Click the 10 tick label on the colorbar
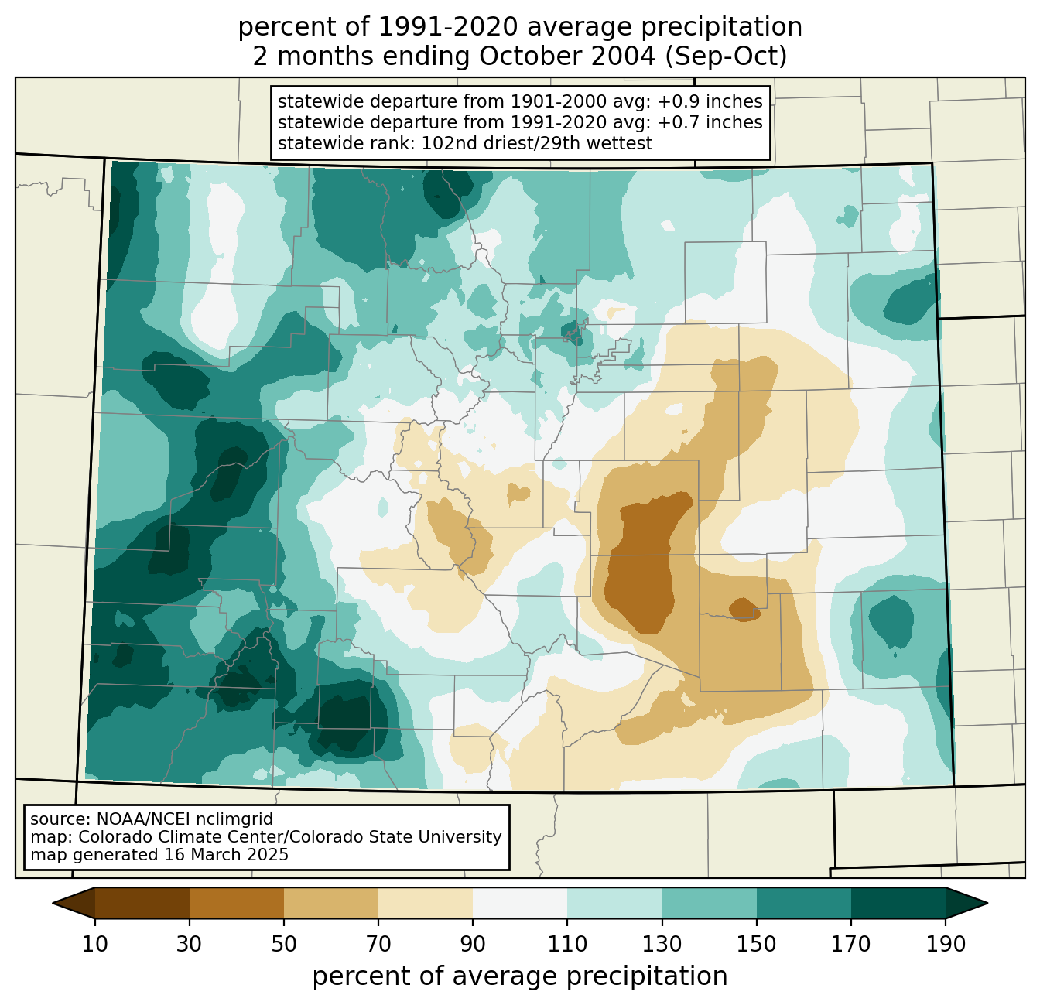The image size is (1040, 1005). pos(95,945)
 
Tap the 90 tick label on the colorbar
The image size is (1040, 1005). pos(473,945)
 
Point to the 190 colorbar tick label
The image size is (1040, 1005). pos(946,945)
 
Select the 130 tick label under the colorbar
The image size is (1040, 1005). pos(662,945)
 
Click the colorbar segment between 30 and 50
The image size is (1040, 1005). pos(237,903)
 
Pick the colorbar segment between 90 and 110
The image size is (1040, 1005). pos(520,903)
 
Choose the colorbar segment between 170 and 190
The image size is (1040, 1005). pos(898,903)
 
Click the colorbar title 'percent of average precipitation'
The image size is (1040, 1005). pos(520,976)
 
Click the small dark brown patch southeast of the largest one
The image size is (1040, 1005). pos(744,609)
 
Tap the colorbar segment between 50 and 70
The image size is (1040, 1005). pos(331,903)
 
